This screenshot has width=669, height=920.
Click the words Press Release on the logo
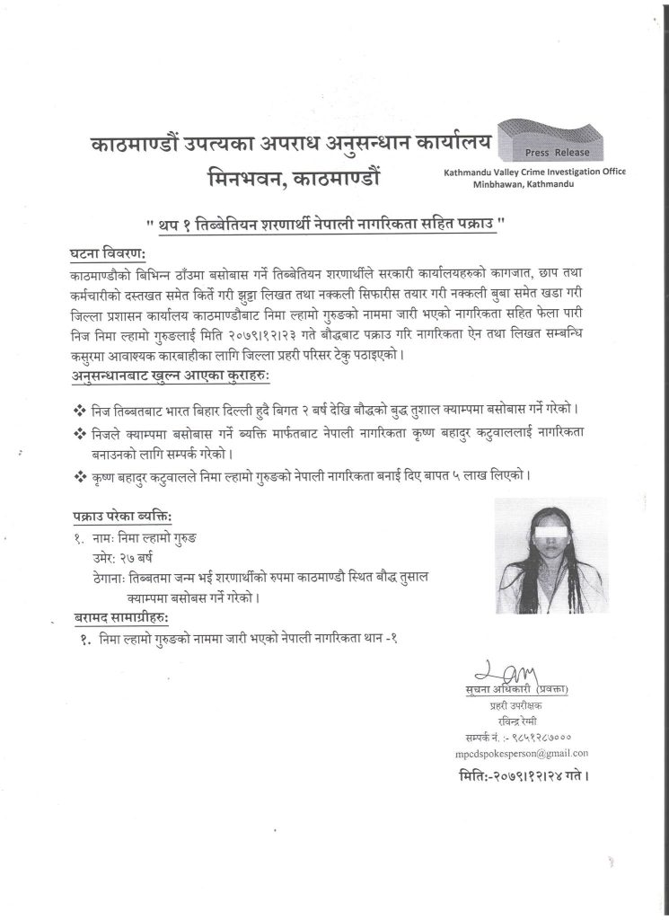click(564, 152)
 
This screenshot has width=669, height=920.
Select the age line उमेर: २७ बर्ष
click(118, 559)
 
